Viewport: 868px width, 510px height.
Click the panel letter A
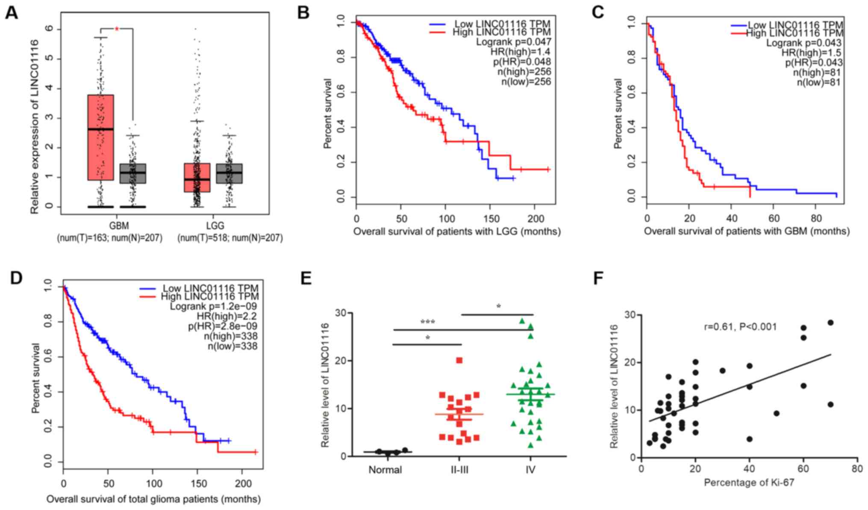click(12, 13)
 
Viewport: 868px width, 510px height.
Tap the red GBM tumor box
click(100, 137)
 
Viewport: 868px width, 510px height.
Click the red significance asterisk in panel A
click(117, 29)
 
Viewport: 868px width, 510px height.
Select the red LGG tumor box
click(197, 178)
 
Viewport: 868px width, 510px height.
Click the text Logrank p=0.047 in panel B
click(514, 42)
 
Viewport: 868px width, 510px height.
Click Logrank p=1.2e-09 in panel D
click(213, 306)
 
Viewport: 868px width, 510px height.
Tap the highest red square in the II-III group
click(459, 360)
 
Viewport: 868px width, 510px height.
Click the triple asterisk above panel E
click(427, 322)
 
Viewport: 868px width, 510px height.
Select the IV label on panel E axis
click(530, 470)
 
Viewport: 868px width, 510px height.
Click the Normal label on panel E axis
click(385, 470)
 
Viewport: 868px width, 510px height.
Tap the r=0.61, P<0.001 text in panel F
click(740, 327)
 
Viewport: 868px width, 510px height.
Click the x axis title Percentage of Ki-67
click(749, 483)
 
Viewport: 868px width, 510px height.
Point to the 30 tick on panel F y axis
click(630, 315)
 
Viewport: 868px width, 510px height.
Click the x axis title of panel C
click(746, 231)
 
